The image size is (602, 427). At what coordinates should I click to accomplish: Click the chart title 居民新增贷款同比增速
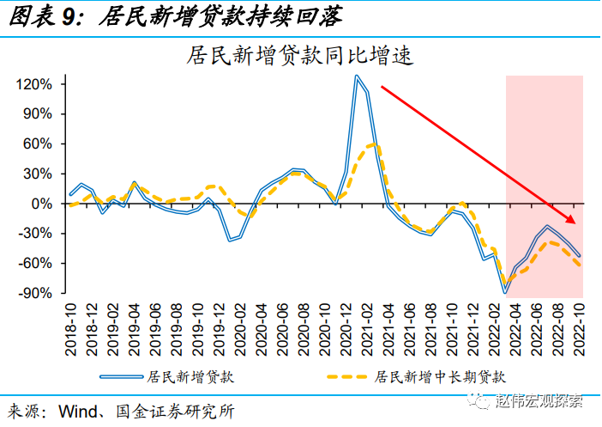pos(300,57)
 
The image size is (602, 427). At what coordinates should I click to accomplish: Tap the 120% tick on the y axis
pos(34,84)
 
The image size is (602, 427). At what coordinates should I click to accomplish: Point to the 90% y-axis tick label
pos(38,114)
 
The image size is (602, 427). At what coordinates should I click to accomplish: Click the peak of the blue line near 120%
pos(357,76)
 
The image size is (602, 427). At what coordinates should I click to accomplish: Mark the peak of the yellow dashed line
pos(371,144)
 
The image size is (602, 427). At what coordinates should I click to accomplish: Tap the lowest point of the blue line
pos(506,292)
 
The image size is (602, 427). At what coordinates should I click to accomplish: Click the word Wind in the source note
pos(77,409)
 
